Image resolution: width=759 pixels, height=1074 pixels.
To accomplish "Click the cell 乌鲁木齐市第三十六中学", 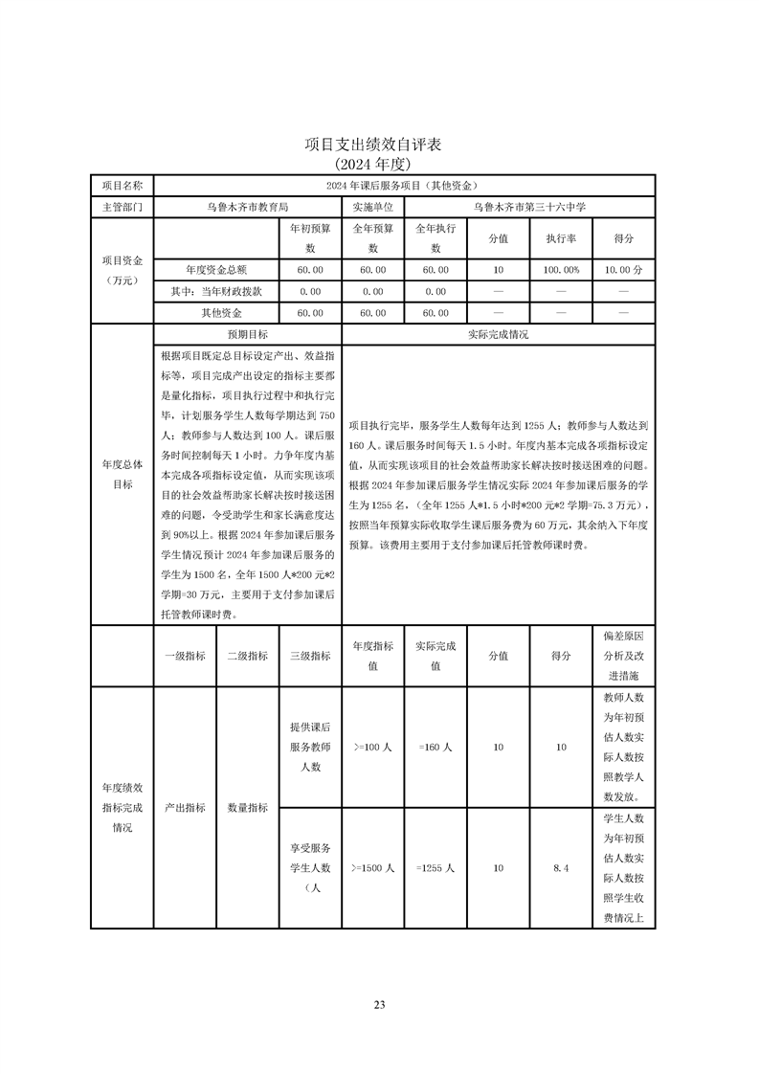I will [x=529, y=206].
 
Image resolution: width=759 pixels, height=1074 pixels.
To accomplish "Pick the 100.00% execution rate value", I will [x=562, y=271].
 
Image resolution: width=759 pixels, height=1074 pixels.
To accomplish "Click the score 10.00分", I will [x=624, y=271].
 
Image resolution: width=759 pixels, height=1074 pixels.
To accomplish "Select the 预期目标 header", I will [x=247, y=335].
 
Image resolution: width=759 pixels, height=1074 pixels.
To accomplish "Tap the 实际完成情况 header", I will [x=498, y=335].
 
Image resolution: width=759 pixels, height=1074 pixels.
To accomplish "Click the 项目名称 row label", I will [x=122, y=185].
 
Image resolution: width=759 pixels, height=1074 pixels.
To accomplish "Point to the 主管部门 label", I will [x=122, y=206].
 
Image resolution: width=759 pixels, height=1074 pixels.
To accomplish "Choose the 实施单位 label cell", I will [x=372, y=206].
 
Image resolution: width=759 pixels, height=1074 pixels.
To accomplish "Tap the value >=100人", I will [x=372, y=747].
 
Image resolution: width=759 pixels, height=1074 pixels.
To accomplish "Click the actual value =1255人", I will [x=435, y=867].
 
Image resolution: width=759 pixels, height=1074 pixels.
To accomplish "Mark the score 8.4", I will [x=562, y=867].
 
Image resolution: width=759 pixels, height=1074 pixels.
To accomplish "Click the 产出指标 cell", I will [x=185, y=807].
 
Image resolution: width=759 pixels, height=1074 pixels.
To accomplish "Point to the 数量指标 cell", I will [x=247, y=807].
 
